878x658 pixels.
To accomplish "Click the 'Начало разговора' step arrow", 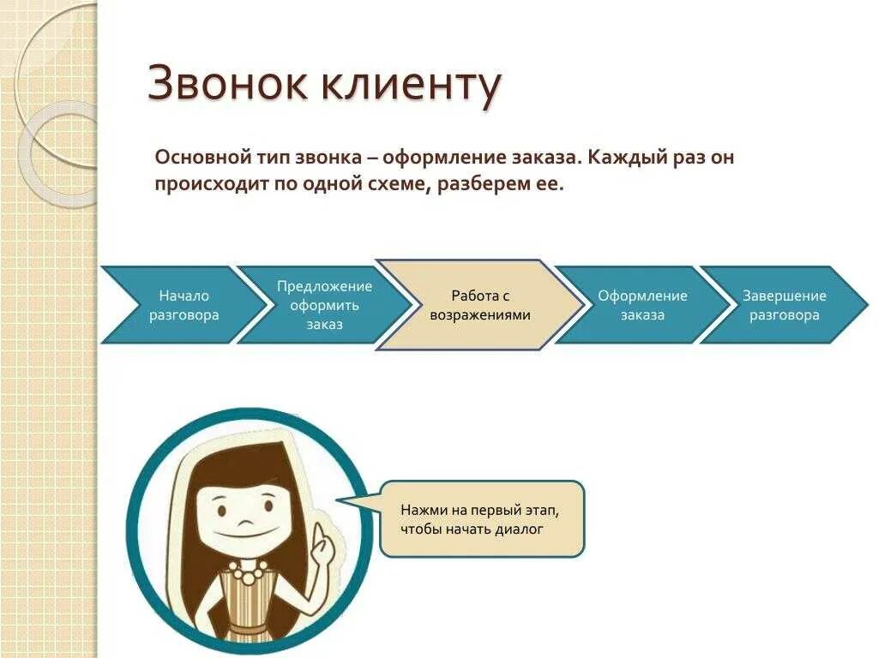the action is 180,305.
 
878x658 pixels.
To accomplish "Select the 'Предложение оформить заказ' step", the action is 324,305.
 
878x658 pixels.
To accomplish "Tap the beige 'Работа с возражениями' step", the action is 480,305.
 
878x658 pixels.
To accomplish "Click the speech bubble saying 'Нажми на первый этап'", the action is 482,518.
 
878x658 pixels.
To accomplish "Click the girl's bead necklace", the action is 248,571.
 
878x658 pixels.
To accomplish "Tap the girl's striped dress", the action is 248,608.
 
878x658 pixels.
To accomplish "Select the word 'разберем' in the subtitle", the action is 472,184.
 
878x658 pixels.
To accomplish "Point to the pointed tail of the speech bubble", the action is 343,502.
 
